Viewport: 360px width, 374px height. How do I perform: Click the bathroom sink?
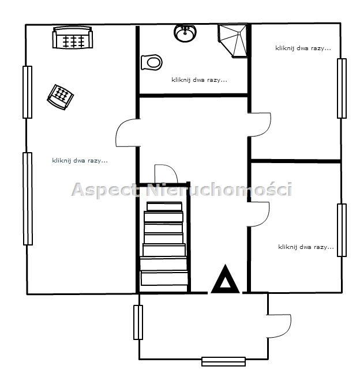click(185, 33)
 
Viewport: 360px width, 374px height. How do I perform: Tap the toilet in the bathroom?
click(152, 62)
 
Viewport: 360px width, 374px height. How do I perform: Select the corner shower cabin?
click(232, 40)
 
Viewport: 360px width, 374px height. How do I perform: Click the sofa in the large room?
click(73, 37)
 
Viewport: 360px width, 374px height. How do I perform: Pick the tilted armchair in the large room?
click(61, 97)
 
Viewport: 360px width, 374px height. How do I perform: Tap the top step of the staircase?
click(164, 206)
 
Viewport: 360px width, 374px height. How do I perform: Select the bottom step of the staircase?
click(164, 278)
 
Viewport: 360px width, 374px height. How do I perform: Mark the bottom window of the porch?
click(223, 361)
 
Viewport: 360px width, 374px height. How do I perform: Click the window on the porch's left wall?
click(138, 322)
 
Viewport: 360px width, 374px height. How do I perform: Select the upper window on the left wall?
click(28, 92)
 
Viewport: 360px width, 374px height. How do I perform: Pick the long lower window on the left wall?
click(28, 199)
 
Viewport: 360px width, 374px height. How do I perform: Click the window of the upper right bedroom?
click(342, 88)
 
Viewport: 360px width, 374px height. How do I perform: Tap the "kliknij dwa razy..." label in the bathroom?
click(200, 80)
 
